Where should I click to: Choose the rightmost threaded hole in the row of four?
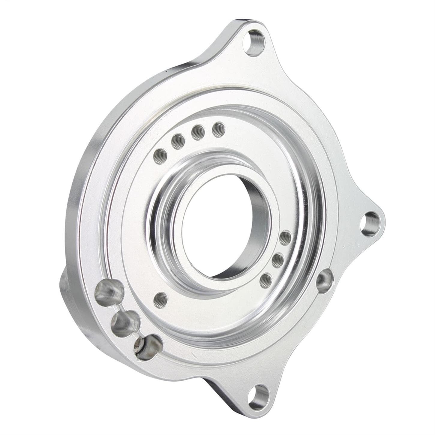218,129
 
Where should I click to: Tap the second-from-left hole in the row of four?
178,141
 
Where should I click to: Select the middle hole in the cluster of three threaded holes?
278,260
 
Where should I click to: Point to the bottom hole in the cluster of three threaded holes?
265,280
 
